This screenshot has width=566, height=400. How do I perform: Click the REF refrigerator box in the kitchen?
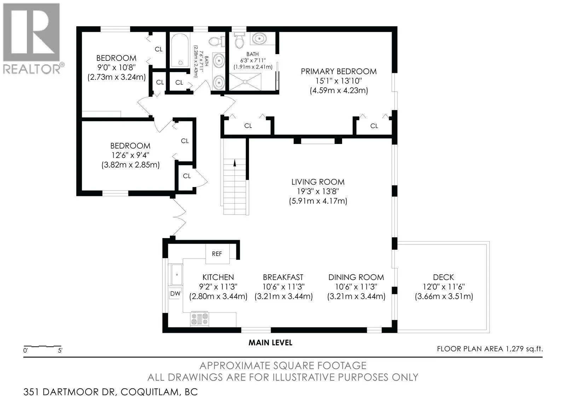217,254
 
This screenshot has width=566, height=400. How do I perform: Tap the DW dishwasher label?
175,293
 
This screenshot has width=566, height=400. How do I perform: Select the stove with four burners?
200,319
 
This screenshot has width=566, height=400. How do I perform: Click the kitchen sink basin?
177,274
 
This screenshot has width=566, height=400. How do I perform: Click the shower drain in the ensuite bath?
245,82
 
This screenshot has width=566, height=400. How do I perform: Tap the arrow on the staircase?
235,163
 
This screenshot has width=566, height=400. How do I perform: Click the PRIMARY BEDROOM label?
339,71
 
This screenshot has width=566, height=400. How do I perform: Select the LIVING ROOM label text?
318,182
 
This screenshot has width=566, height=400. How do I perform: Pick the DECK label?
444,277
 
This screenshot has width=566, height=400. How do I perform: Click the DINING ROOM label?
356,277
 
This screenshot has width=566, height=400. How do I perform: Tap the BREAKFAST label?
283,277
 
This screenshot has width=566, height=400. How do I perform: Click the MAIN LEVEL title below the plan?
270,343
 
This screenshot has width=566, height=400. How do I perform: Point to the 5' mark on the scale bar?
60,350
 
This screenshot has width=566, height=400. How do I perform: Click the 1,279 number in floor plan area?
514,349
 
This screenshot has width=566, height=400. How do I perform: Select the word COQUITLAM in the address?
150,392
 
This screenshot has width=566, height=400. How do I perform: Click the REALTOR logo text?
32,69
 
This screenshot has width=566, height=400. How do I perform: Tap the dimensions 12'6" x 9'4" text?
131,155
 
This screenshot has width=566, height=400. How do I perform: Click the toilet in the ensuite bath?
239,40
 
